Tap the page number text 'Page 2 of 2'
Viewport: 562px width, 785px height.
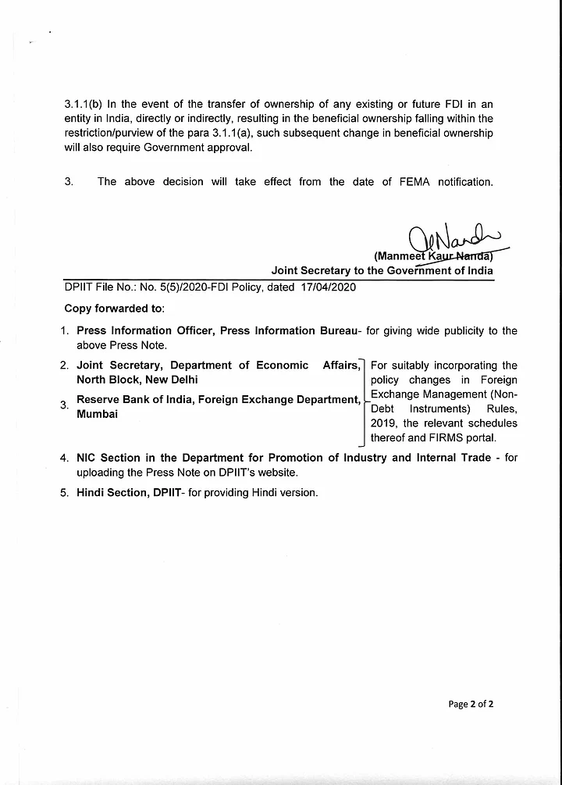471,704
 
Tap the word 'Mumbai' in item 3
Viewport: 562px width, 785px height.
97,415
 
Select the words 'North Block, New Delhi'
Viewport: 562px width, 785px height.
137,380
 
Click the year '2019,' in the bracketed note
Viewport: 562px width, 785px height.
386,423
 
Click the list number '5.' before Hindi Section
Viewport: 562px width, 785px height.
66,493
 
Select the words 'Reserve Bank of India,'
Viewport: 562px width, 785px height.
135,401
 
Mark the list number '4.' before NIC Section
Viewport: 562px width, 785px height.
66,458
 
